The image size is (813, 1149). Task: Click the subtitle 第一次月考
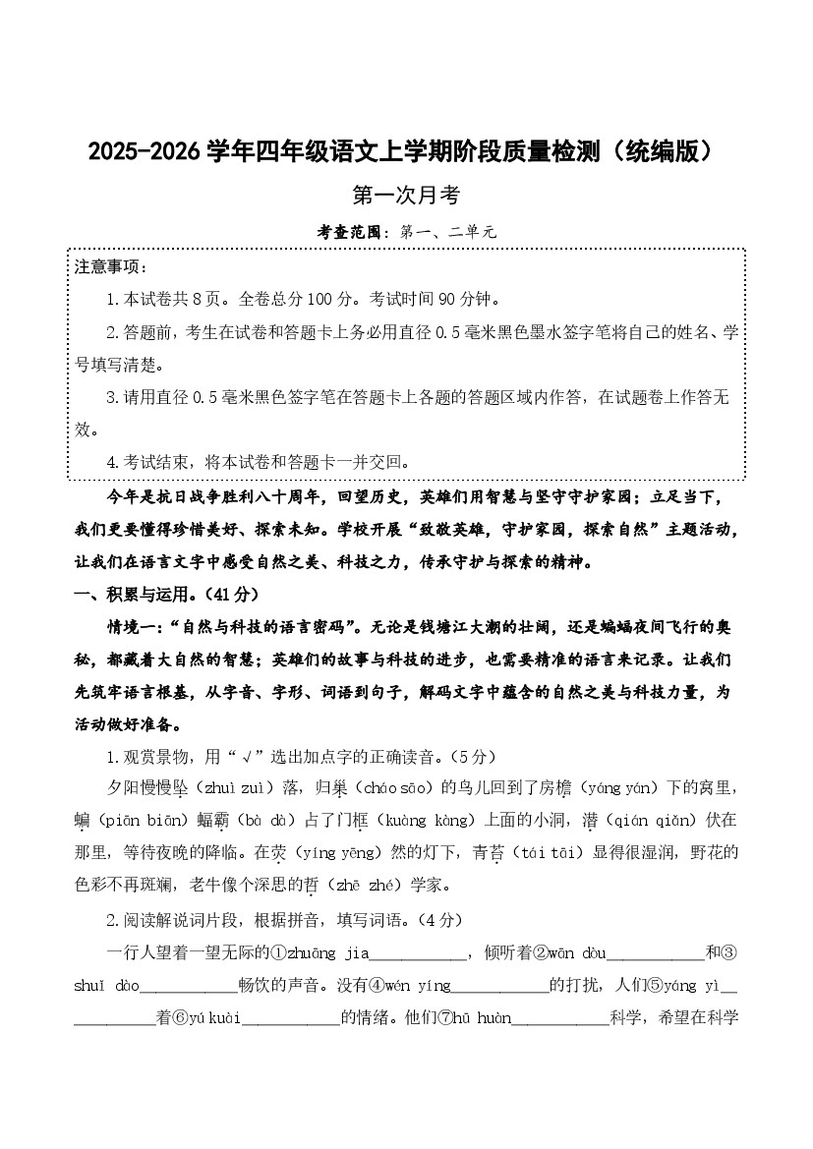(x=406, y=196)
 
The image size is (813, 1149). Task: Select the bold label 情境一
(x=134, y=627)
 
